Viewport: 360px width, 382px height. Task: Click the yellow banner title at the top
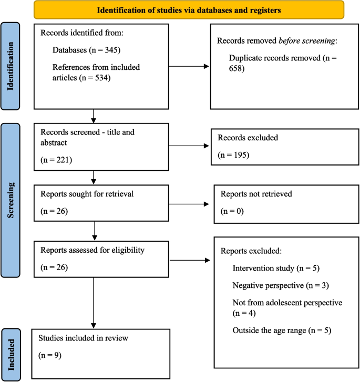[189, 9]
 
